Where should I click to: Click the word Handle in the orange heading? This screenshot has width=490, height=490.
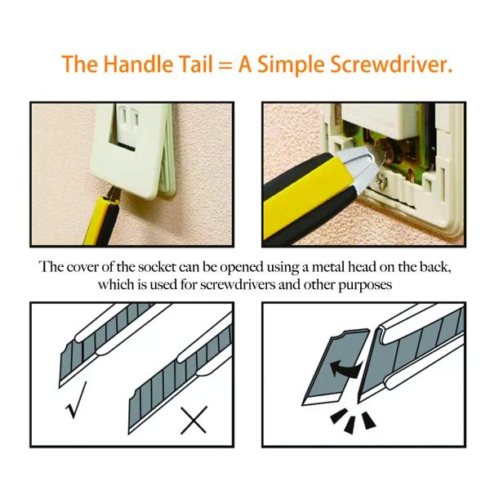pos(138,64)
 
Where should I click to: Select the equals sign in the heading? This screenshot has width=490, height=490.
pos(225,66)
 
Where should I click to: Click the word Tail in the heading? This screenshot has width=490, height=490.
pos(196,64)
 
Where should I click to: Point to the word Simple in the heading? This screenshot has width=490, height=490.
pos(291,65)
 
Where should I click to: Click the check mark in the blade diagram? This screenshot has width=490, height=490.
pos(76,400)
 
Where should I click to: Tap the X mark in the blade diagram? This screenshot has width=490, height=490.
pos(194,420)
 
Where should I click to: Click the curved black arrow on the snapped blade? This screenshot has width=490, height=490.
pos(346,369)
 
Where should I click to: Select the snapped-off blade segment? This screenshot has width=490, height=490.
pos(336,367)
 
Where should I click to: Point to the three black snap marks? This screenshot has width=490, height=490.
pos(353,420)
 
